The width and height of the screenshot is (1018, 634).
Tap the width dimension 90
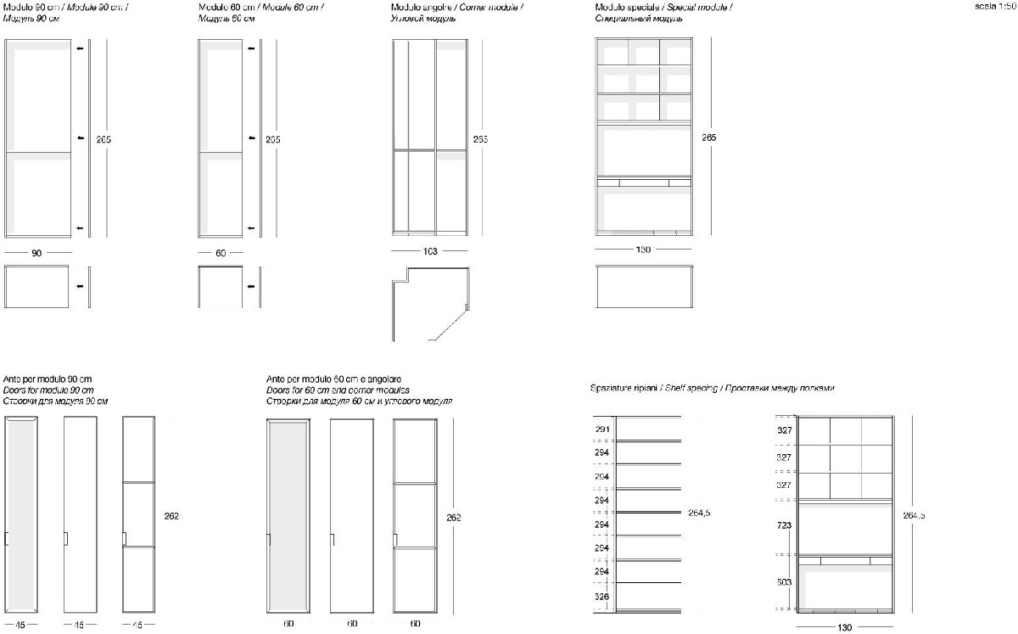pos(37,253)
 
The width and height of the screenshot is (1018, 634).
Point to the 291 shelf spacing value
pos(601,429)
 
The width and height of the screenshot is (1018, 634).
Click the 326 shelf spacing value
pos(601,597)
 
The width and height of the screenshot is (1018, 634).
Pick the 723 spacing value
pos(784,525)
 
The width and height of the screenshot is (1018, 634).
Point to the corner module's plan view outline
pos(431,301)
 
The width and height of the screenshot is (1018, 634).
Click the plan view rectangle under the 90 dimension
pos(37,287)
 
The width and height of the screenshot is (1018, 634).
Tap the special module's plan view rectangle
pos(645,288)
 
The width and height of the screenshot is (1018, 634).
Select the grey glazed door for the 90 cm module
pos(21,515)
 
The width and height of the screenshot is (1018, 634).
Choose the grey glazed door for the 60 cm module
pos(288,515)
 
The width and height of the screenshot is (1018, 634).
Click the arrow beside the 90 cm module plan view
pos(80,287)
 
